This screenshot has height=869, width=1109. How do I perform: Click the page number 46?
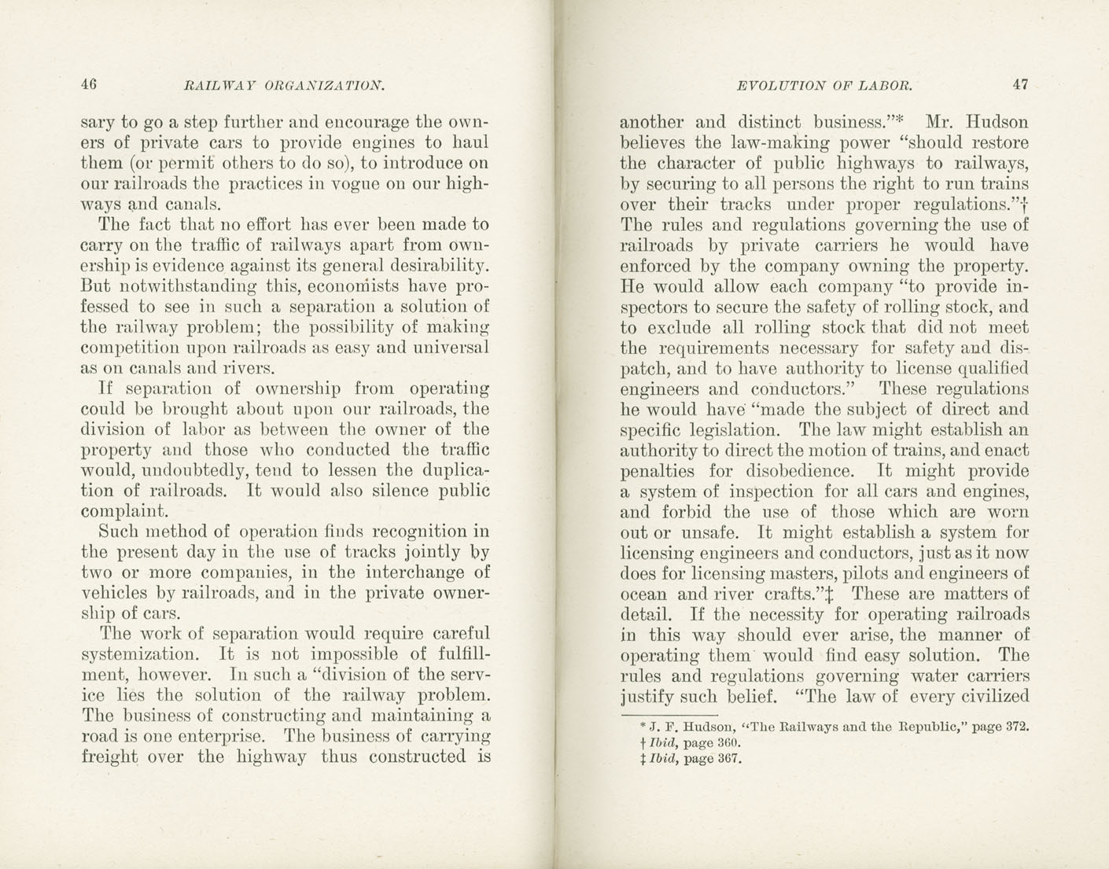tap(88, 84)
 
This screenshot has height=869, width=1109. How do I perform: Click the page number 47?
tap(1020, 85)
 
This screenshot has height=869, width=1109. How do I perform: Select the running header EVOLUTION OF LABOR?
tap(824, 86)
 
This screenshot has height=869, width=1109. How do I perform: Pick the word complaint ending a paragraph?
tap(129, 512)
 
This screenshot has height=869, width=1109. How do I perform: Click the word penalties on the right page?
tap(660, 472)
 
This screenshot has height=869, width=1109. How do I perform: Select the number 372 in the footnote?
tap(1017, 727)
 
